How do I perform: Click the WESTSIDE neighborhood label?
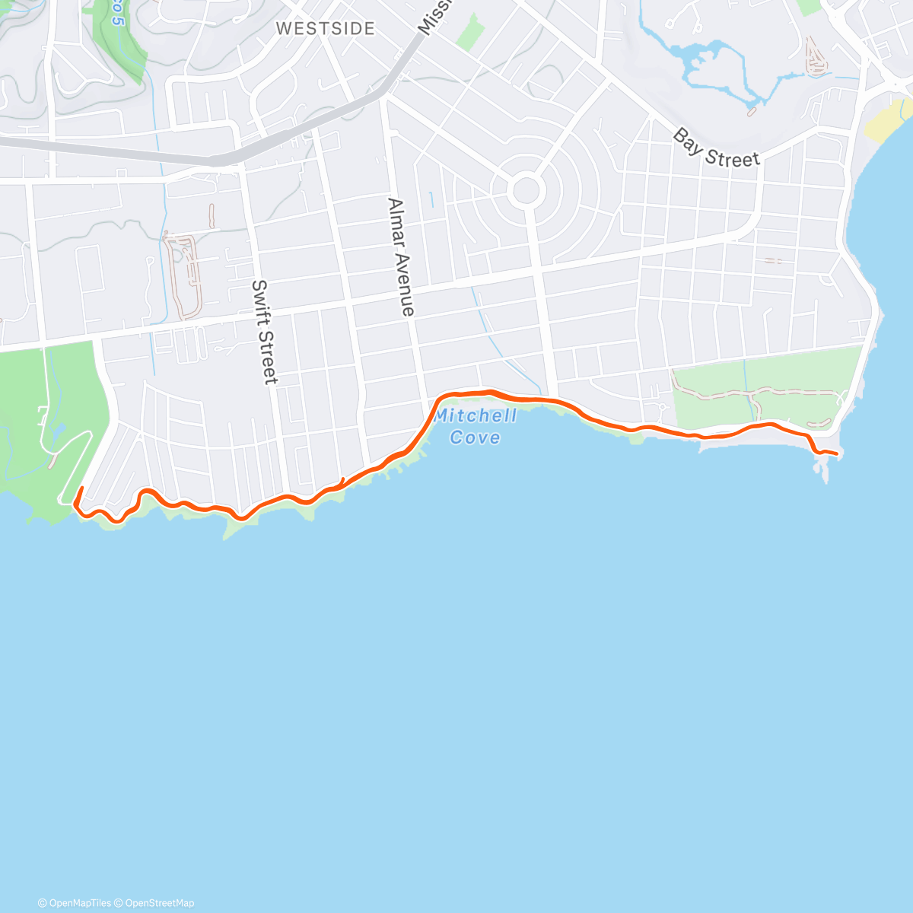pos(325,29)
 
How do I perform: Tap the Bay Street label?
pos(715,148)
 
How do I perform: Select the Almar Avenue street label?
pos(401,256)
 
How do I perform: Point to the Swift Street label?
pos(264,332)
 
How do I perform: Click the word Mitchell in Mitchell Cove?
pos(476,416)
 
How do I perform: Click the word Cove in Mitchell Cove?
pos(476,437)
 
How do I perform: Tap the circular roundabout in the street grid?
pos(526,189)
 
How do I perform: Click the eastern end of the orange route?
pos(837,454)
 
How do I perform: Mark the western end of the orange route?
pos(81,488)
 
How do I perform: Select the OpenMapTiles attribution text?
pos(75,903)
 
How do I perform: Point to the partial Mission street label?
pos(434,17)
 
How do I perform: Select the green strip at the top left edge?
pos(118,38)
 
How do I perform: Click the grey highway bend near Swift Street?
pos(221,160)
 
